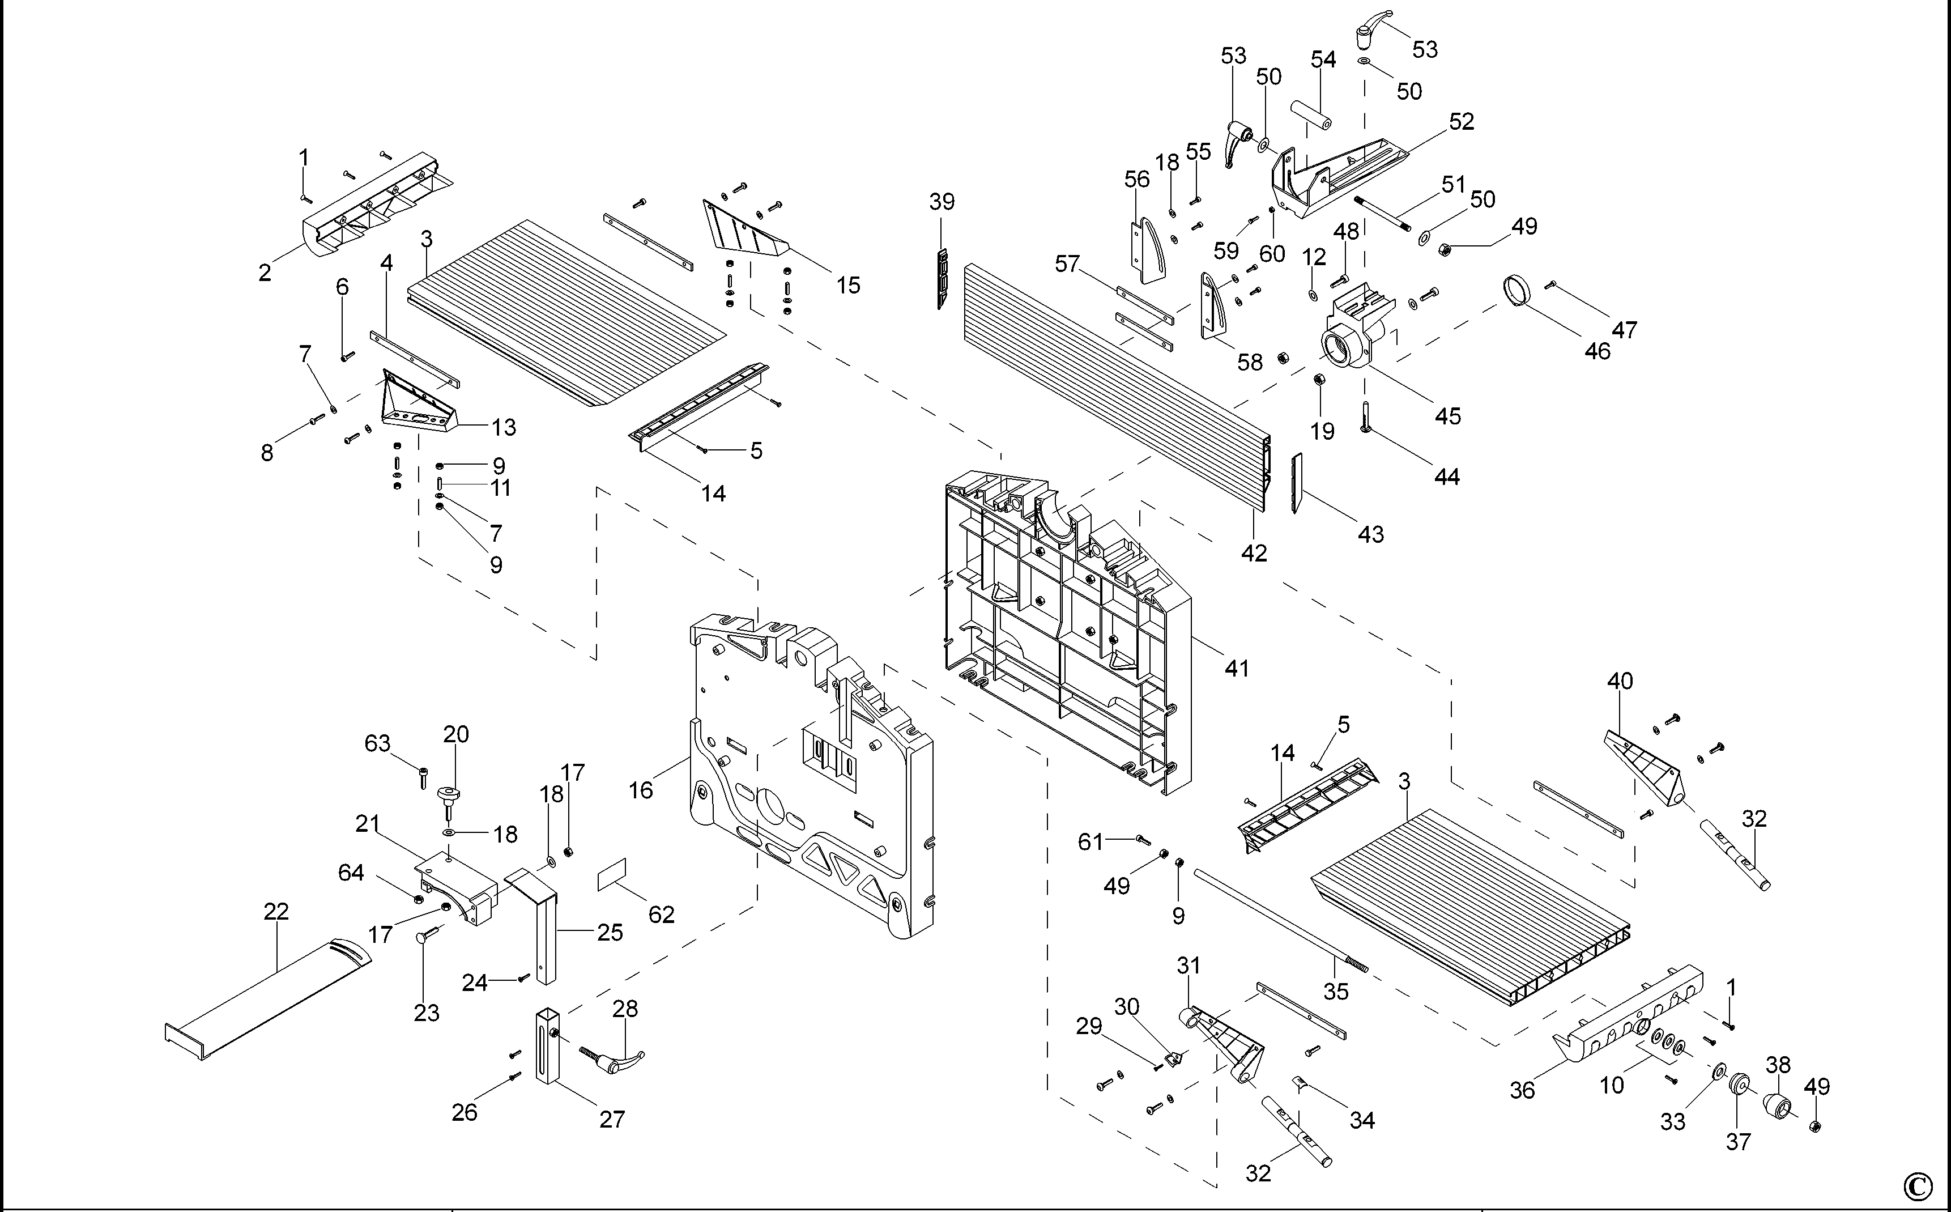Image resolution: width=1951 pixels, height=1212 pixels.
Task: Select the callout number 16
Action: (640, 790)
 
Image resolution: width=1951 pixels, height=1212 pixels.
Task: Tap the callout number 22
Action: (276, 911)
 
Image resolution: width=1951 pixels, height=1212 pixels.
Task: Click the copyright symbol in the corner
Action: (1926, 1185)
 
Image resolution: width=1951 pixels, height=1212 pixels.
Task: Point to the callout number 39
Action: (942, 202)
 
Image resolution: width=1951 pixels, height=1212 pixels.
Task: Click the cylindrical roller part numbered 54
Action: (1310, 114)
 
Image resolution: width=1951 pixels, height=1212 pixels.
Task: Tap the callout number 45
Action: (1447, 416)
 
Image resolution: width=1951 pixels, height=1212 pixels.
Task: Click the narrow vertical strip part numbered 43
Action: (1296, 483)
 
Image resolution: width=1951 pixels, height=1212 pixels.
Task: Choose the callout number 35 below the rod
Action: (1336, 992)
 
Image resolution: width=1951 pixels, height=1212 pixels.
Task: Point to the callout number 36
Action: (1522, 1090)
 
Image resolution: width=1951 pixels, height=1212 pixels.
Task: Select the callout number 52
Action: (1462, 122)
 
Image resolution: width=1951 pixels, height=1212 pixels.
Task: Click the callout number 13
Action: (503, 427)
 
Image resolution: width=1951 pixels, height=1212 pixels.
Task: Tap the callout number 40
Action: (1619, 681)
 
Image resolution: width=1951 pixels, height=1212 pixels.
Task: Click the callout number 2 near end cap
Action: (265, 273)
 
